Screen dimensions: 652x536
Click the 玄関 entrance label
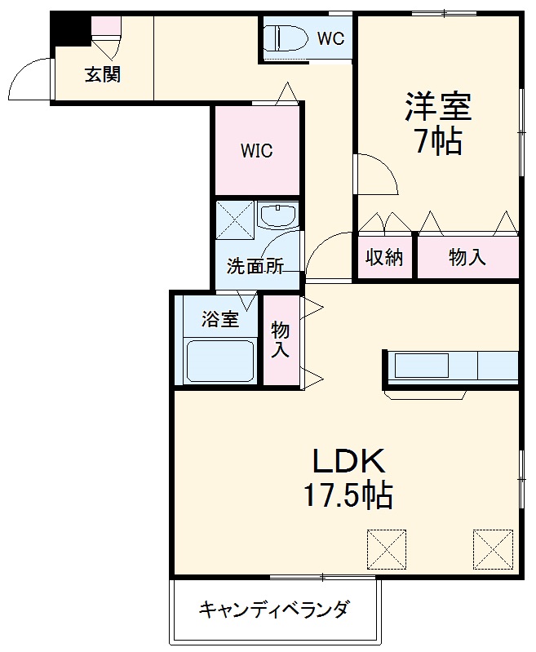[x=104, y=75]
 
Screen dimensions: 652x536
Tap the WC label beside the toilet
[x=330, y=38]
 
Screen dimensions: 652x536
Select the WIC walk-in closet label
[x=256, y=151]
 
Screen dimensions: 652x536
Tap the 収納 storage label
[x=384, y=257]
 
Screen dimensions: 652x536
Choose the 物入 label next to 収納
[x=467, y=257]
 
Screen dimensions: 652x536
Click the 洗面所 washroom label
[x=255, y=266]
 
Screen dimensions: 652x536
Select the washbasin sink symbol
[x=278, y=217]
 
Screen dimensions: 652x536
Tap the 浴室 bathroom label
[x=220, y=319]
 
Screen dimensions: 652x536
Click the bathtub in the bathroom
[x=220, y=361]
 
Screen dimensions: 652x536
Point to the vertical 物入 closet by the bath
[x=281, y=339]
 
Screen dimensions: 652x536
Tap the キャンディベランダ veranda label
[x=275, y=609]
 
